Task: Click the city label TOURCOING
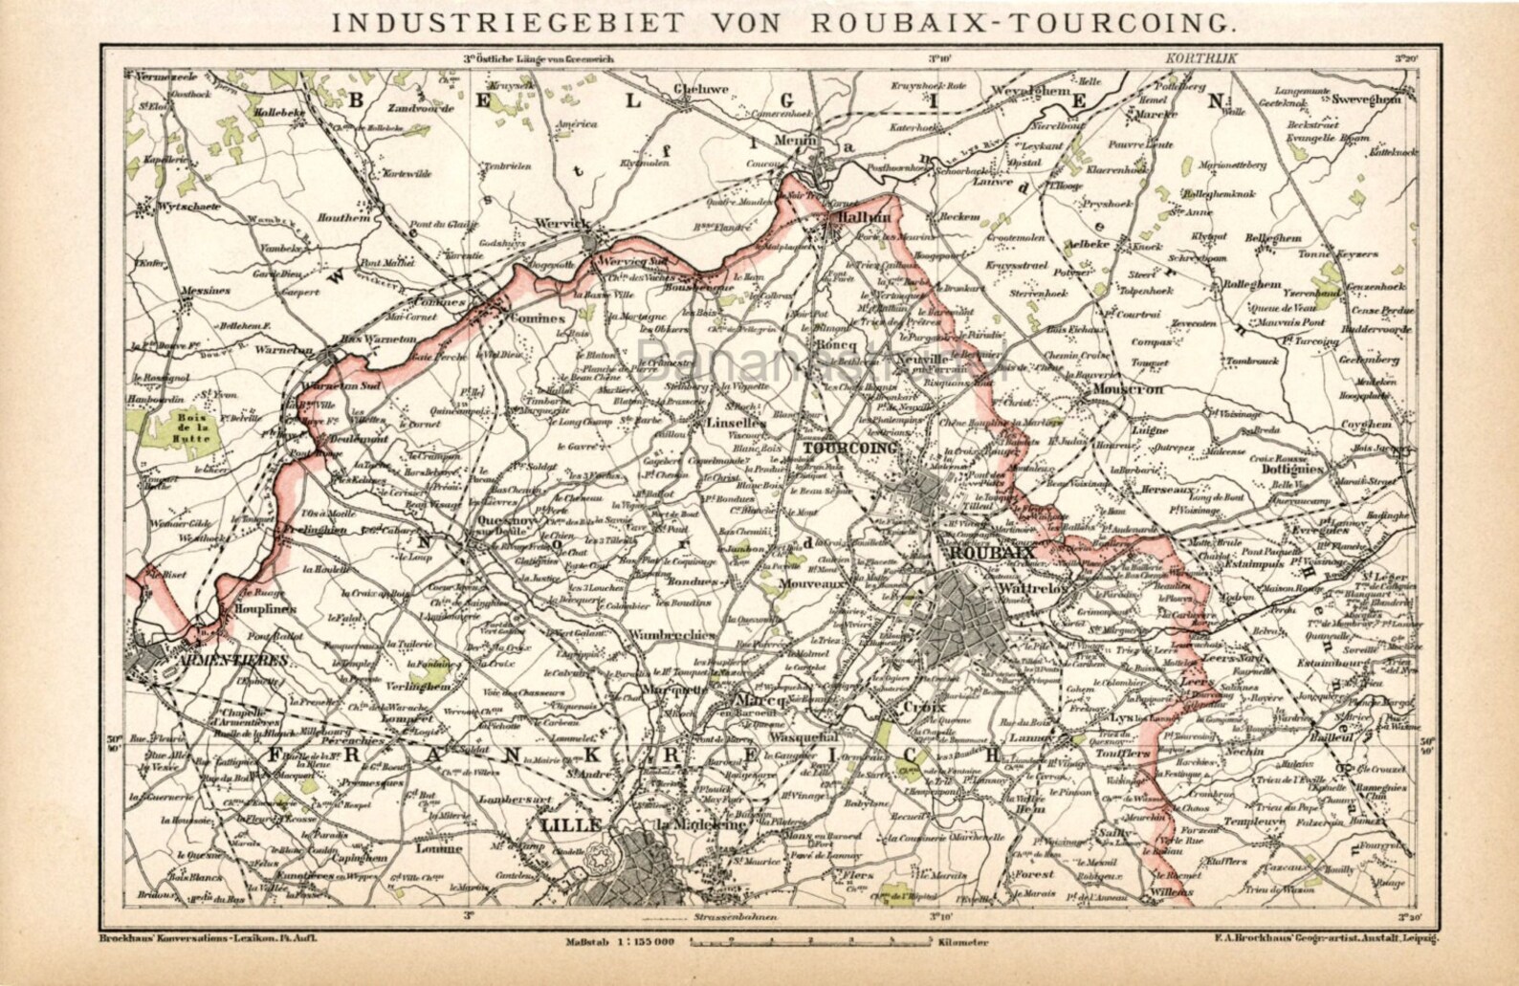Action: tap(850, 447)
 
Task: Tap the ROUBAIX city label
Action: tap(988, 554)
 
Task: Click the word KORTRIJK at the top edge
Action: tap(1201, 58)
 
